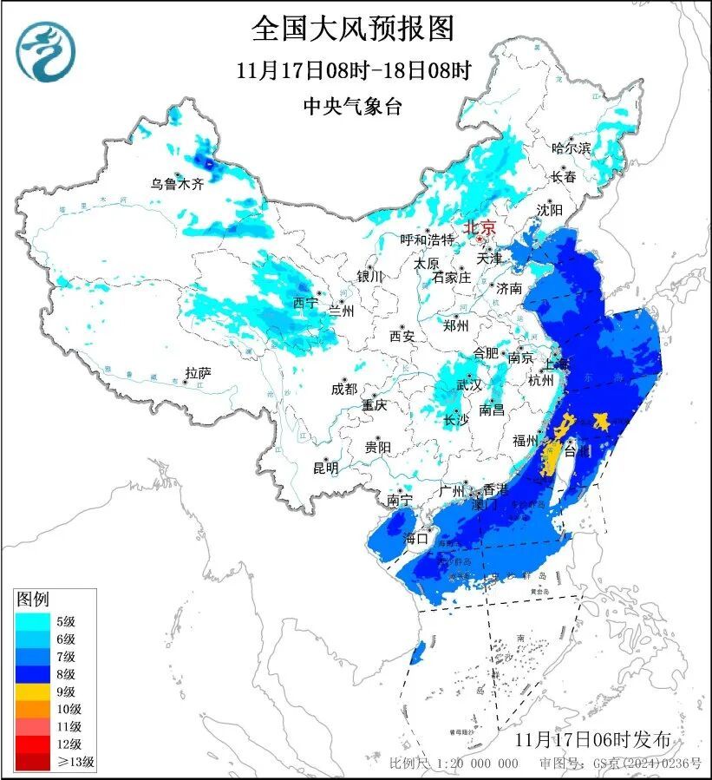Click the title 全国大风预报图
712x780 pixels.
point(353,29)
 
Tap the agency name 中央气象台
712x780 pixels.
point(353,106)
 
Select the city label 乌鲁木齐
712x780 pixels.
point(177,184)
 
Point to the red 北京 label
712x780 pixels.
point(480,227)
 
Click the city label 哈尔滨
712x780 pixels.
point(571,148)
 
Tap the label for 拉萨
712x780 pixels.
point(198,373)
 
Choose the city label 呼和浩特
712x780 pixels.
point(428,239)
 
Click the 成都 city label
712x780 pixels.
point(343,389)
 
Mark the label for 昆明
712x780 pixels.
point(326,468)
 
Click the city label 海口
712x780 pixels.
point(416,538)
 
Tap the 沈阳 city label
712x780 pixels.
point(549,210)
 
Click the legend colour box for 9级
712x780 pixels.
point(33,692)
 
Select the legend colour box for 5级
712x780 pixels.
point(33,620)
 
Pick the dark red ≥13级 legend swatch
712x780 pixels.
point(33,763)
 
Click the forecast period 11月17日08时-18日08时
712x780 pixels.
point(353,70)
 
